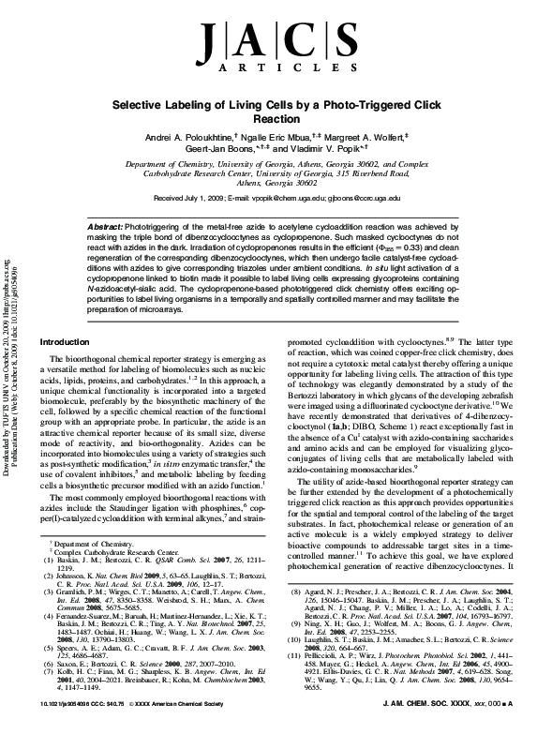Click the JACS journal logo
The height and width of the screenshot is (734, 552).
pos(276,40)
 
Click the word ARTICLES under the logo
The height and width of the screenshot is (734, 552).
pos(276,68)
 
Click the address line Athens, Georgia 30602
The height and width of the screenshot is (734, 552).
pos(276,184)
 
